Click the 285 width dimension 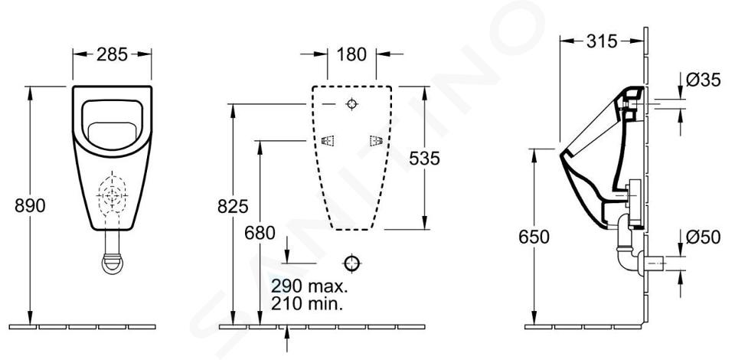pos(112,54)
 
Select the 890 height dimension pos(30,205)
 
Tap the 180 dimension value pos(351,54)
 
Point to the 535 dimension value pos(425,159)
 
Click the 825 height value pos(233,206)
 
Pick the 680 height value pos(260,233)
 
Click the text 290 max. pos(309,285)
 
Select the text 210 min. pos(306,304)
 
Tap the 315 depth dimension pos(602,41)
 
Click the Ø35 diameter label pos(703,80)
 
